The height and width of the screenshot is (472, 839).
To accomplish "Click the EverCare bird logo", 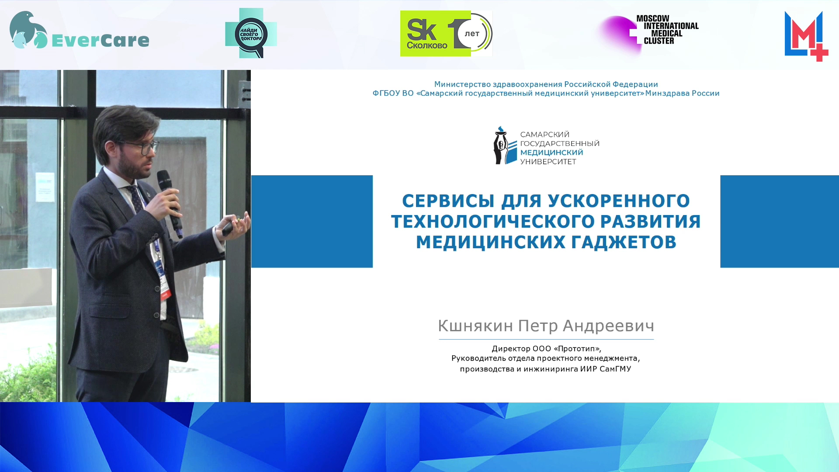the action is point(28,30).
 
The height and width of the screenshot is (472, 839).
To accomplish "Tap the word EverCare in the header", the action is point(101,40).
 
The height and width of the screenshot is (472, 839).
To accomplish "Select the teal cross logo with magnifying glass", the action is point(251,33).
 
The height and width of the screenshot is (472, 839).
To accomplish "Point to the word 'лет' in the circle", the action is point(472,34).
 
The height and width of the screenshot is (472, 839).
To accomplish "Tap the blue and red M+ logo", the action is point(806,36).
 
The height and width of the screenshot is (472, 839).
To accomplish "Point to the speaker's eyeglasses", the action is point(140,147).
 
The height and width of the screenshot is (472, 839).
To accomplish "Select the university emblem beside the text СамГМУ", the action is point(505,146).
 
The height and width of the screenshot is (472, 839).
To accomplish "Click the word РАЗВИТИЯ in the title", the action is point(650,222).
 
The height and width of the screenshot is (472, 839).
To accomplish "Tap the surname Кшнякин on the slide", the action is point(475,326).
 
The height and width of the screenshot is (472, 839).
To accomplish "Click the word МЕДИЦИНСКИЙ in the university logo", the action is point(551,153).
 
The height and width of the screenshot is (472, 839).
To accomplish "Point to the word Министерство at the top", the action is point(462,84).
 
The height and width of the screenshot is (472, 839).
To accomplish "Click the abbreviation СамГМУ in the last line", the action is point(615,369).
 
